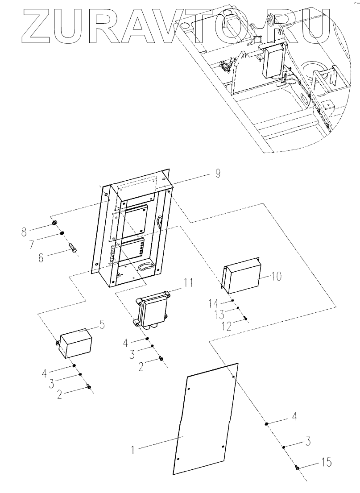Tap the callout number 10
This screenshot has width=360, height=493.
[277, 276]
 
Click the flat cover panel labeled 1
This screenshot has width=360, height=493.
[205, 424]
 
